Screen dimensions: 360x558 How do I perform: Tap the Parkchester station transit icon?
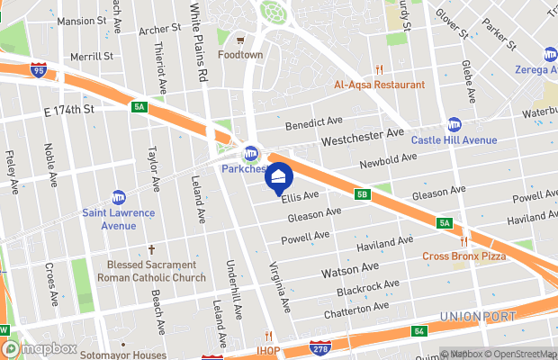click(x=251, y=152)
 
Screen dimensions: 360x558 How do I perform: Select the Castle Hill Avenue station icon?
click(x=454, y=125)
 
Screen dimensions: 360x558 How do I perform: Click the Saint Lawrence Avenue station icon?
click(x=119, y=197)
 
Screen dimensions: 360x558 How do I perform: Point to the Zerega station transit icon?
click(x=550, y=54)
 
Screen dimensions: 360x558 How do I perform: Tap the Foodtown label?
click(x=240, y=54)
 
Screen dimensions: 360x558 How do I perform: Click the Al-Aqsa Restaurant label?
click(x=379, y=85)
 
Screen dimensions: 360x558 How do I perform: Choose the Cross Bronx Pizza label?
click(x=464, y=256)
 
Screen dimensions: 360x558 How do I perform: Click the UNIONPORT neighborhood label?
click(x=478, y=316)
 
